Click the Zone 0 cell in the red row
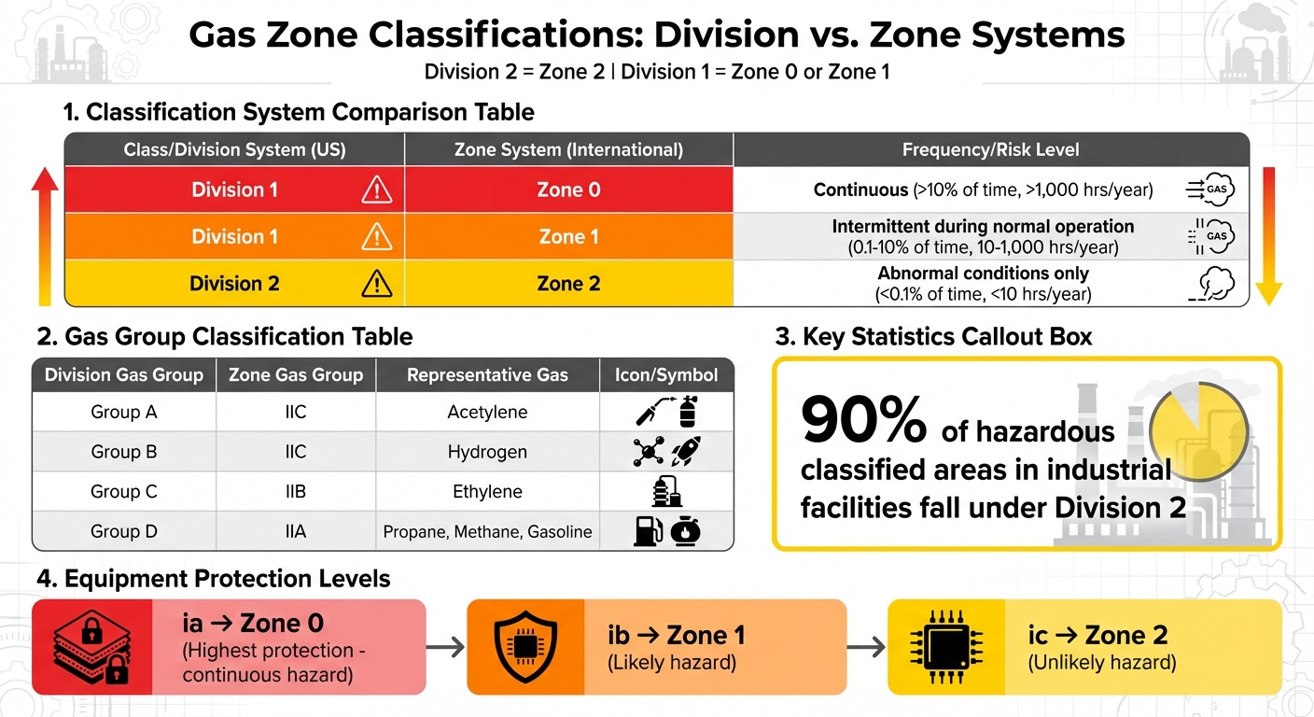point(568,190)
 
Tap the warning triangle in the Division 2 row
point(376,283)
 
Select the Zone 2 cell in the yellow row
point(568,283)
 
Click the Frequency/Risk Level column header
point(990,149)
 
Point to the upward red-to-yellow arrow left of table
point(45,237)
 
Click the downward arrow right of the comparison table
point(1268,237)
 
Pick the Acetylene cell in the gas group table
point(487,412)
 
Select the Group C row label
point(124,491)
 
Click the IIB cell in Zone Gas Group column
point(296,491)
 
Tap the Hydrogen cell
point(487,452)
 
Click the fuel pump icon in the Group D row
point(648,530)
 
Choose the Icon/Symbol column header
point(667,375)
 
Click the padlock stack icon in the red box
point(91,647)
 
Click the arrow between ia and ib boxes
point(445,647)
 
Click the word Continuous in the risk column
point(860,190)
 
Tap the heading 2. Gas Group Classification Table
point(224,336)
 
